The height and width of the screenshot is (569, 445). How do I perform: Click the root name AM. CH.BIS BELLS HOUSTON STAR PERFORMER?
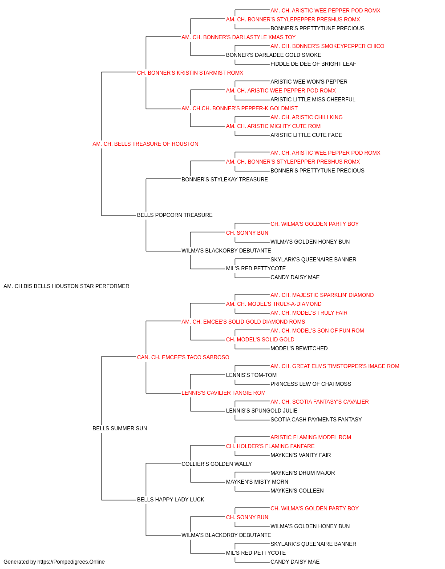coord(66,286)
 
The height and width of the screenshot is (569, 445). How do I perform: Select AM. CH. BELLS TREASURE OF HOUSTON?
coord(145,144)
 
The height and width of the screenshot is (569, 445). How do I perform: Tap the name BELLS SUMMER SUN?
coord(120,429)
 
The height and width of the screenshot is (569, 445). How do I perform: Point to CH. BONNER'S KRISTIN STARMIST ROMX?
coord(190,73)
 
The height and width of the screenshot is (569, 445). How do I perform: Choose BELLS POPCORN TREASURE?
coord(174,215)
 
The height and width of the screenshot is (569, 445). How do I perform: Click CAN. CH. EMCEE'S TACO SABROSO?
coord(183,357)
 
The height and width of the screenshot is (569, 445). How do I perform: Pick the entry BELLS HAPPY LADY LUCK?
coord(170,499)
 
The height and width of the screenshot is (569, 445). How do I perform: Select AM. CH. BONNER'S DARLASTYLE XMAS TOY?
coord(239,37)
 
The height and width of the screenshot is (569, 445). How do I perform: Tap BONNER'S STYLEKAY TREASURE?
coord(225,179)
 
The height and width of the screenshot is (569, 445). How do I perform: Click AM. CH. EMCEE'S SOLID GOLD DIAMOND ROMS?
coord(243,321)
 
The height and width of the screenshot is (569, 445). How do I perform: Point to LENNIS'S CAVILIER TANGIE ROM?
coord(223,393)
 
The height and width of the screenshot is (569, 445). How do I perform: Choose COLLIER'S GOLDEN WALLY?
coord(216,464)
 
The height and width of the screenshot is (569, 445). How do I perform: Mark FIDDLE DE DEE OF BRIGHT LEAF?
coord(313,64)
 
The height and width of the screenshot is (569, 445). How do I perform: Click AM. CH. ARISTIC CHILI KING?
coord(306,117)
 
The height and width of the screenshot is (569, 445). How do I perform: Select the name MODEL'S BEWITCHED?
coord(299,348)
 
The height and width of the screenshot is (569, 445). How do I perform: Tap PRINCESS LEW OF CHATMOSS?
coord(311,384)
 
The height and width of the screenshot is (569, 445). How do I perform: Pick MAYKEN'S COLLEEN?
coord(297,490)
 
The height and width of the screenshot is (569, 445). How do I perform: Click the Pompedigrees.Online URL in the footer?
coord(71,562)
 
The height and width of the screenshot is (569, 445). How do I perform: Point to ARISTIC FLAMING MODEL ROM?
coord(311,437)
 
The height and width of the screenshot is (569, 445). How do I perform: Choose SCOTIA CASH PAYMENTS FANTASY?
coord(316,420)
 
